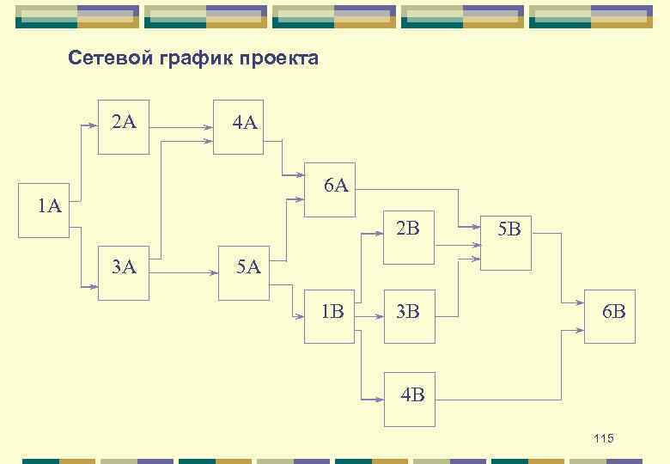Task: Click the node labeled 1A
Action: pyautogui.click(x=47, y=206)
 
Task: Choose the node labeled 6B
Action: pyautogui.click(x=610, y=316)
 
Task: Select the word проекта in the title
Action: pyautogui.click(x=279, y=59)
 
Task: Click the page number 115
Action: pyautogui.click(x=604, y=439)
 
